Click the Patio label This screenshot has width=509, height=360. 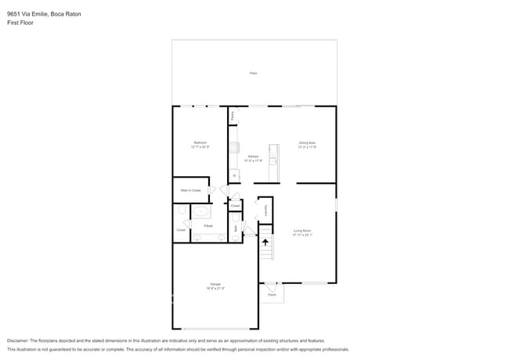coord(253,73)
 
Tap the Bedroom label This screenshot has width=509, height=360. coord(200,142)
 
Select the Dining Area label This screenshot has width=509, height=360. coord(306,142)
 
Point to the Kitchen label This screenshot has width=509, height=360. coord(253,157)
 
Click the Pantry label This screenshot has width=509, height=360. coord(233,115)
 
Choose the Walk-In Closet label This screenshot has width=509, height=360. coord(191,190)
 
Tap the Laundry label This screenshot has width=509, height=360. coord(266,209)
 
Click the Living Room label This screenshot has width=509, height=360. coord(302,230)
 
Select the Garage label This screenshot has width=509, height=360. coord(215,283)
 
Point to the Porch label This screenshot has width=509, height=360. coord(272,294)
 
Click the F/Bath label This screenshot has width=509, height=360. coord(208,226)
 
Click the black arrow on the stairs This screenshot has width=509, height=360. coord(265,243)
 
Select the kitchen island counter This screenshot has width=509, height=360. coord(273,160)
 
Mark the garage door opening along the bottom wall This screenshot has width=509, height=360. coord(215,329)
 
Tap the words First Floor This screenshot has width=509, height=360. coord(20,23)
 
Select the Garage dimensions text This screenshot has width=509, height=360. coord(215,288)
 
